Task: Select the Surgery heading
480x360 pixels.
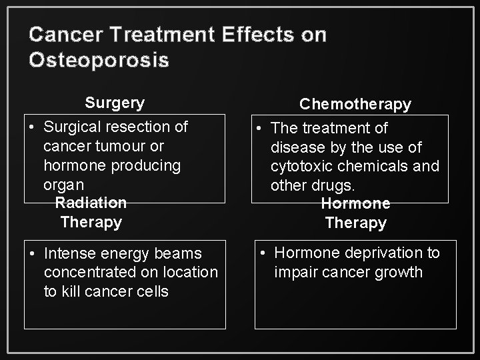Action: [x=114, y=103]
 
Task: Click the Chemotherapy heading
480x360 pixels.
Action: [x=355, y=104]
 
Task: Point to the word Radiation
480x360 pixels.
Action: [x=91, y=202]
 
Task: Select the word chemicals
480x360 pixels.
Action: [x=377, y=165]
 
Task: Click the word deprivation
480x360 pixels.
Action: [x=375, y=253]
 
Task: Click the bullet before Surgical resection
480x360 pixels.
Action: [x=31, y=127]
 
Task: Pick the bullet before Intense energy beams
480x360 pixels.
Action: [x=31, y=253]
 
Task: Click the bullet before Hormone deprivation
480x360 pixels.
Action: [x=263, y=253]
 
